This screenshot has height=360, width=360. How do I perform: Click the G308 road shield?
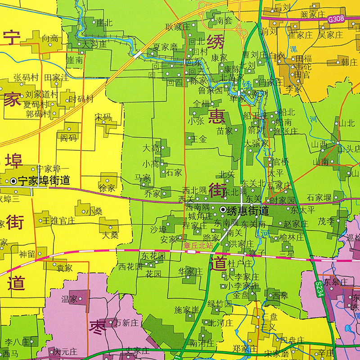336,19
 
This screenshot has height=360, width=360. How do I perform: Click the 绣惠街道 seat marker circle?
223,210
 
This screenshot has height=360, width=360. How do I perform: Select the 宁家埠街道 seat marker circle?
13,181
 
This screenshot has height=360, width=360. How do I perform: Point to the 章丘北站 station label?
196,246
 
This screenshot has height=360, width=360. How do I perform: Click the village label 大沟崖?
93,45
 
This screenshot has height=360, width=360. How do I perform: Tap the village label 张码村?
26,77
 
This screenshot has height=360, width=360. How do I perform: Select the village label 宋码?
103,117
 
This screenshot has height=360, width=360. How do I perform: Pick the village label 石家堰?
319,198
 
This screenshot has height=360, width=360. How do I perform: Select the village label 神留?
27,254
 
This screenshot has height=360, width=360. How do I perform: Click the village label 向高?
50,39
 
